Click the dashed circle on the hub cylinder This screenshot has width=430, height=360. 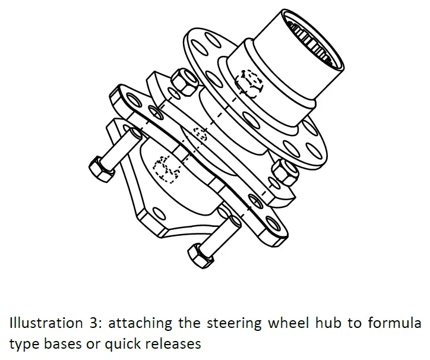click(x=248, y=82)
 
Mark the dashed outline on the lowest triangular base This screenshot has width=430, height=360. click(x=166, y=169)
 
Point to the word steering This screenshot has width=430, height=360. click(x=229, y=324)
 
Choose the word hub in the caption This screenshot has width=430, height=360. click(x=320, y=324)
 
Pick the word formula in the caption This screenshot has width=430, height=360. click(x=397, y=324)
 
